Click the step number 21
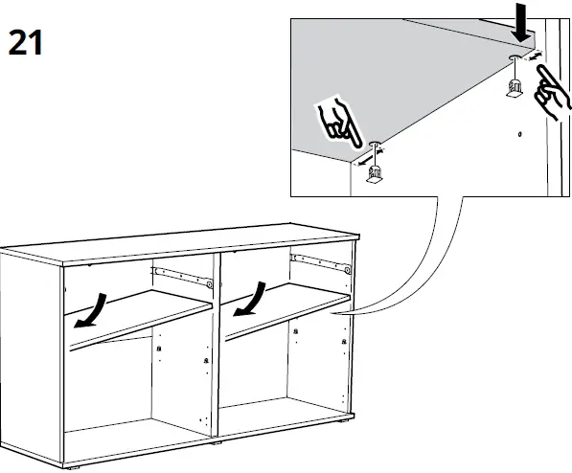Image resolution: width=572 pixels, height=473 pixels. coord(27,43)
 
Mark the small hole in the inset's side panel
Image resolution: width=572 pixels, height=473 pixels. coord(518,135)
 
